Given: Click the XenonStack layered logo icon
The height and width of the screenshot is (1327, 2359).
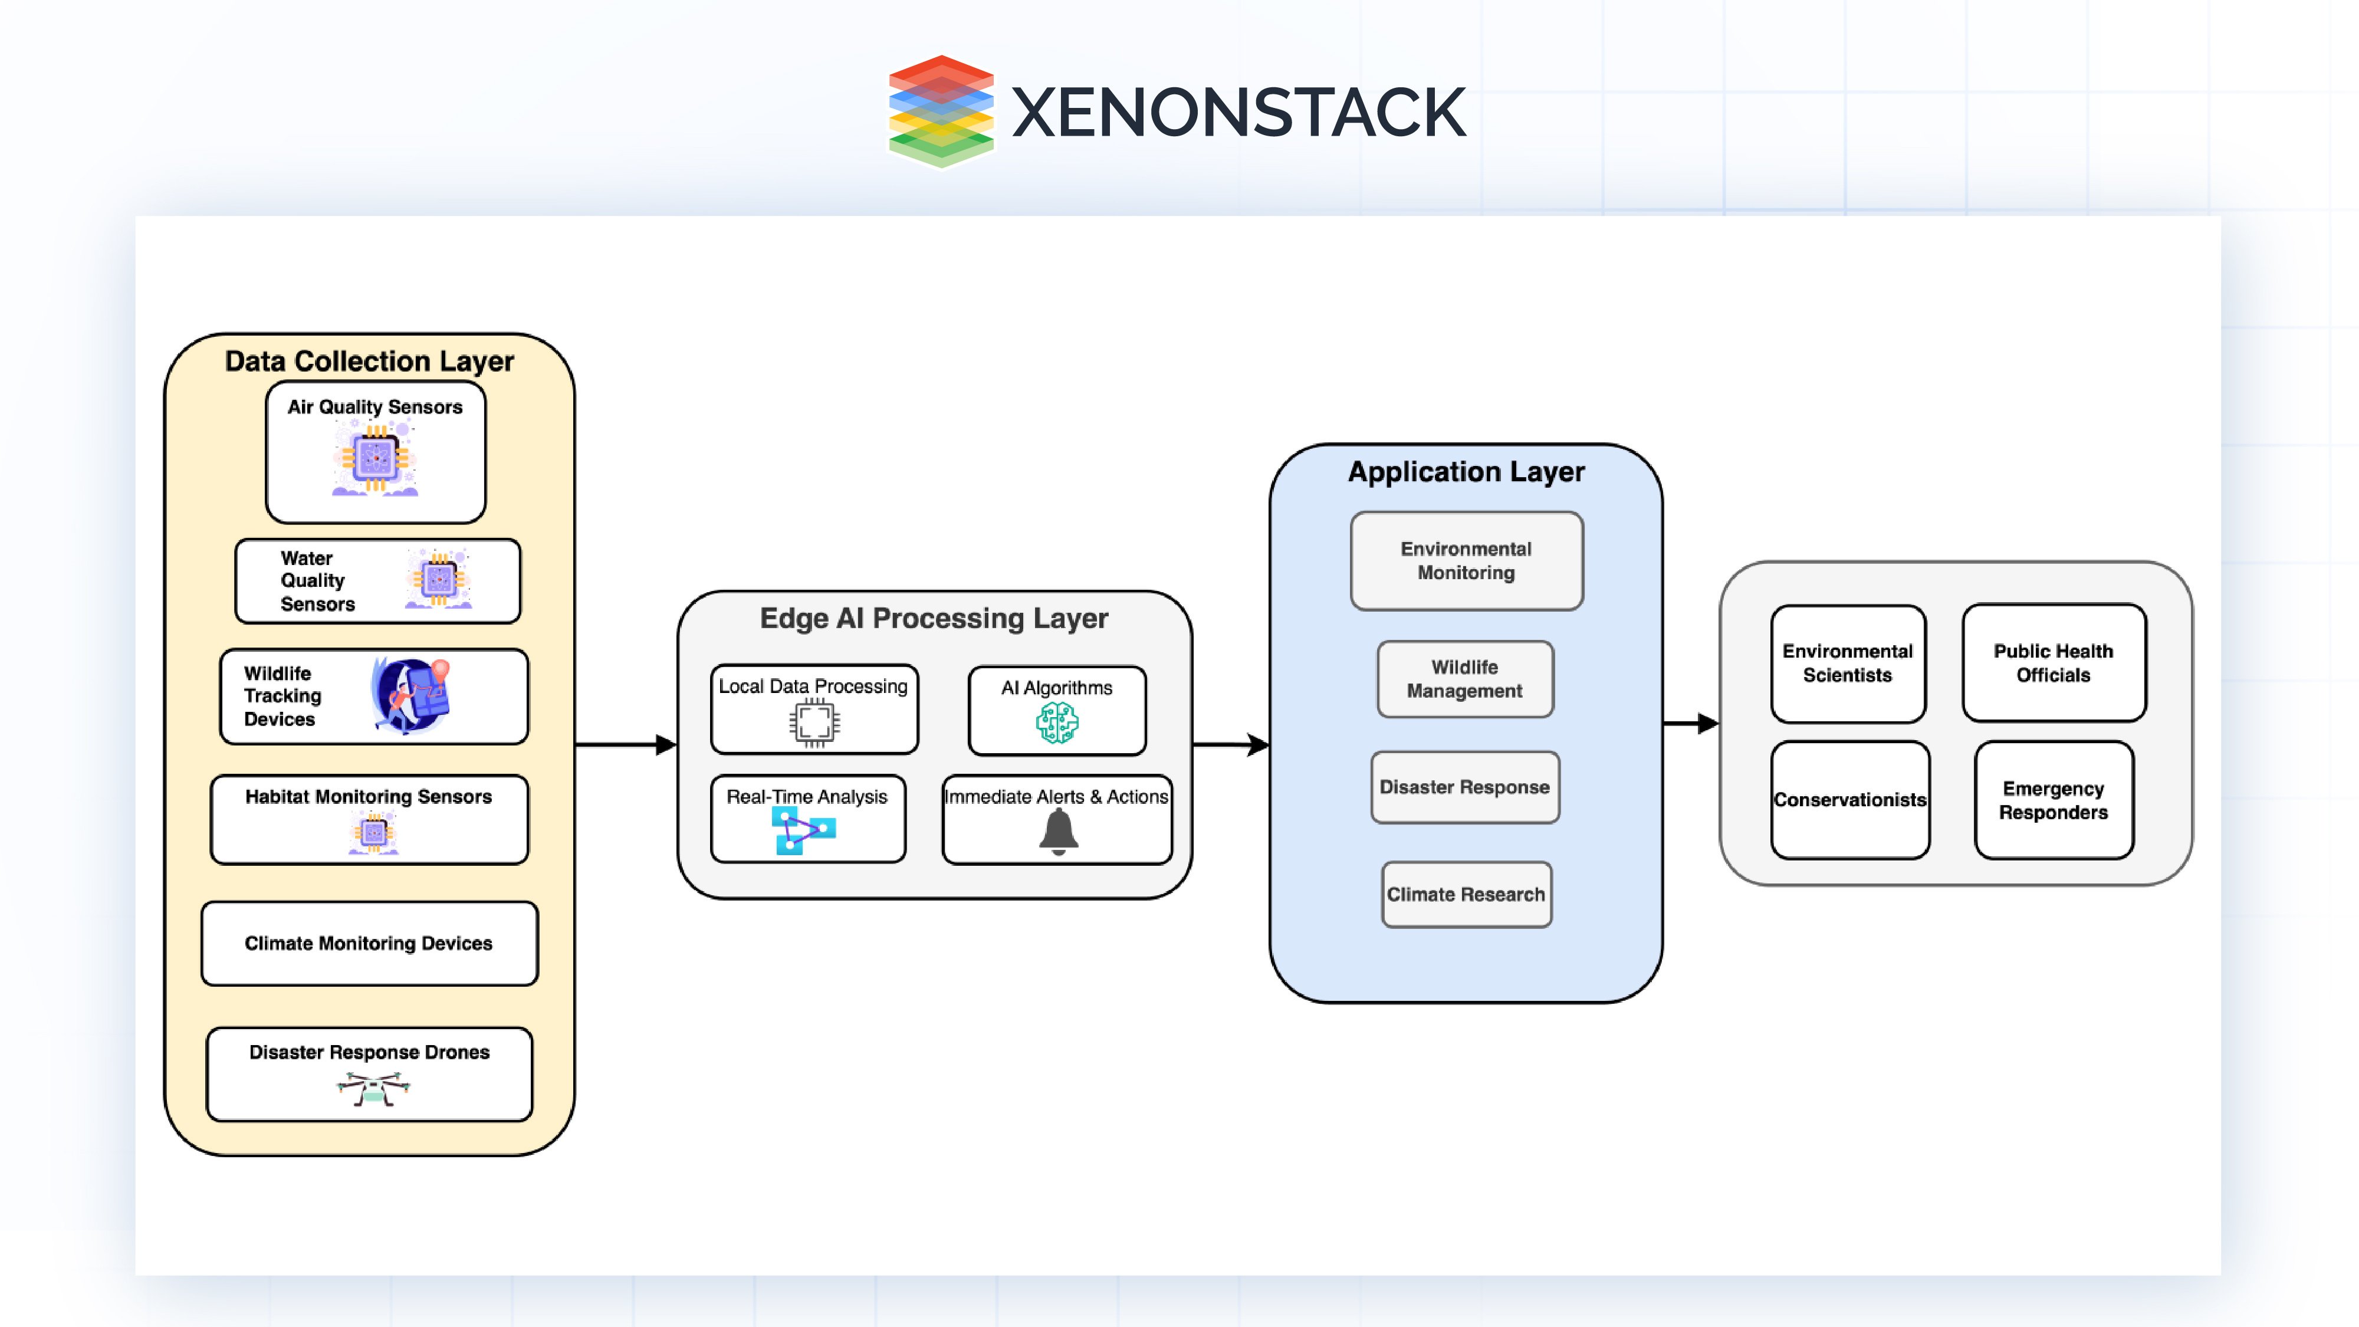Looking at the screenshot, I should click(x=941, y=111).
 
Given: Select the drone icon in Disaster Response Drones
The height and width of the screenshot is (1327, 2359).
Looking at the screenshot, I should click(x=372, y=1089).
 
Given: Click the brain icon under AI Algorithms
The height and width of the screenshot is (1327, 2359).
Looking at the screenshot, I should click(x=1057, y=722).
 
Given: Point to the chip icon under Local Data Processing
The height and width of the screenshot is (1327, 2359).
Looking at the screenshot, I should click(x=814, y=722).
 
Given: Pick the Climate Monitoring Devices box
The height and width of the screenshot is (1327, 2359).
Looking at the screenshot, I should click(x=369, y=943).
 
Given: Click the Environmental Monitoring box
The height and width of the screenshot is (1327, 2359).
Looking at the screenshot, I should click(x=1466, y=560).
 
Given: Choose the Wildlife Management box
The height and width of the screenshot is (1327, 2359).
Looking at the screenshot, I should click(x=1464, y=679).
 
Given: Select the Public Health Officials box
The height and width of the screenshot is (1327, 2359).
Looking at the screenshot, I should click(x=2053, y=662).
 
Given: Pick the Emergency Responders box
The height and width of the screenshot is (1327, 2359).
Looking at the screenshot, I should click(x=2053, y=800).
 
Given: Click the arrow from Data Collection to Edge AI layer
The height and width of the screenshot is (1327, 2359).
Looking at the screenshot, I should click(x=626, y=744).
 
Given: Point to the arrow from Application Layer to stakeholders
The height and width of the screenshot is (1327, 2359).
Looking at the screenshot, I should click(x=1690, y=724).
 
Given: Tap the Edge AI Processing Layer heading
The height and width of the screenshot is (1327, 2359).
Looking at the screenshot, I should click(x=933, y=618).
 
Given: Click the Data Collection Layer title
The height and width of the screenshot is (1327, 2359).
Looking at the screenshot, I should click(x=369, y=361).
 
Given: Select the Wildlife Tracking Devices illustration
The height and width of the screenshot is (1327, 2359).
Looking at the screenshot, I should click(x=411, y=696).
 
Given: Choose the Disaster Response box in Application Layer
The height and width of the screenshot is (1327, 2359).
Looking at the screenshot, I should click(x=1464, y=787).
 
